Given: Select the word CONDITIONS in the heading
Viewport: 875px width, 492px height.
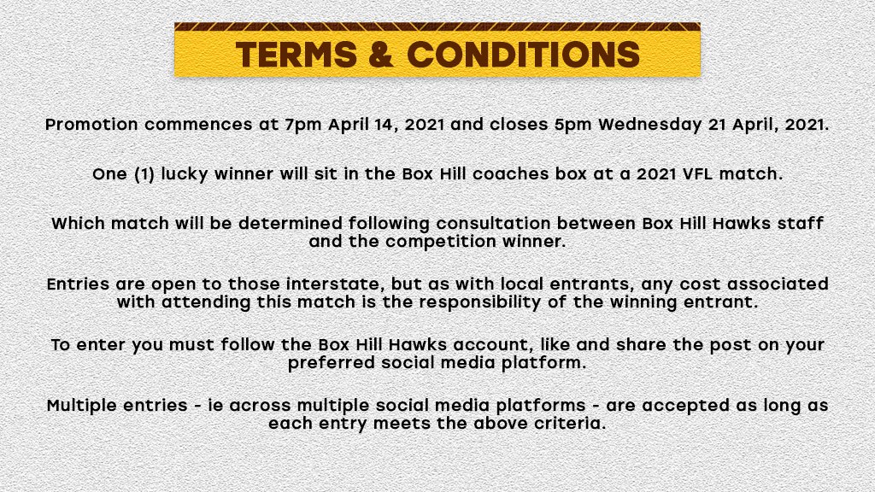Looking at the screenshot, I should click(x=523, y=55).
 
